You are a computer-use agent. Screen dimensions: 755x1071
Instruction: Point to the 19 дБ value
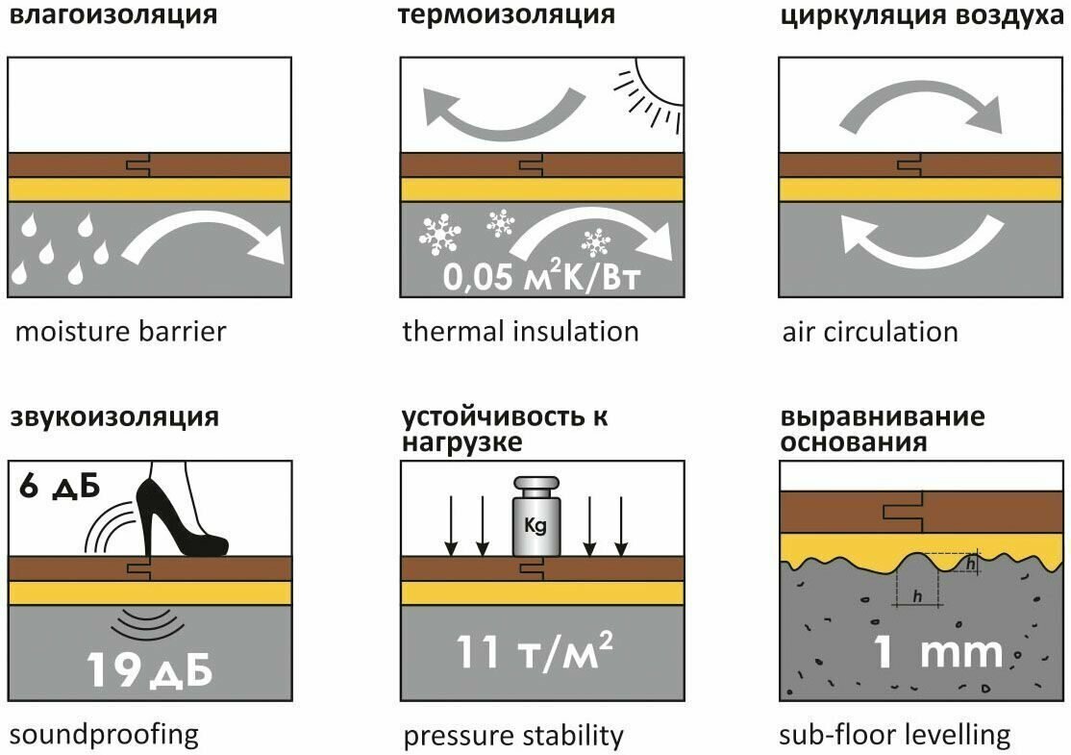click(x=149, y=669)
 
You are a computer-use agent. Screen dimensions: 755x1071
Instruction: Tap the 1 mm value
click(x=937, y=653)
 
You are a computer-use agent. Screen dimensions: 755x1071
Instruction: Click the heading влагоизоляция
click(x=112, y=16)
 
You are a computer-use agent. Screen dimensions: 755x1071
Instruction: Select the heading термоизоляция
click(x=505, y=16)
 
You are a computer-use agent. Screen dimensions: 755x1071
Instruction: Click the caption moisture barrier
click(x=120, y=333)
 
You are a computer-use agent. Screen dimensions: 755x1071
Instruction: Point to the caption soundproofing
click(x=104, y=736)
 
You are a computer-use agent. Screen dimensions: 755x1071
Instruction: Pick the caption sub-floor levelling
click(x=895, y=736)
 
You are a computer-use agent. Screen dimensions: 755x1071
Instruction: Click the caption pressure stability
click(x=513, y=737)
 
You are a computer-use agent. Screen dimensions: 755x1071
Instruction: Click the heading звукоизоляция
click(x=114, y=418)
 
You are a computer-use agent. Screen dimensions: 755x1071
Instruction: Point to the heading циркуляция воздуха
click(x=924, y=16)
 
